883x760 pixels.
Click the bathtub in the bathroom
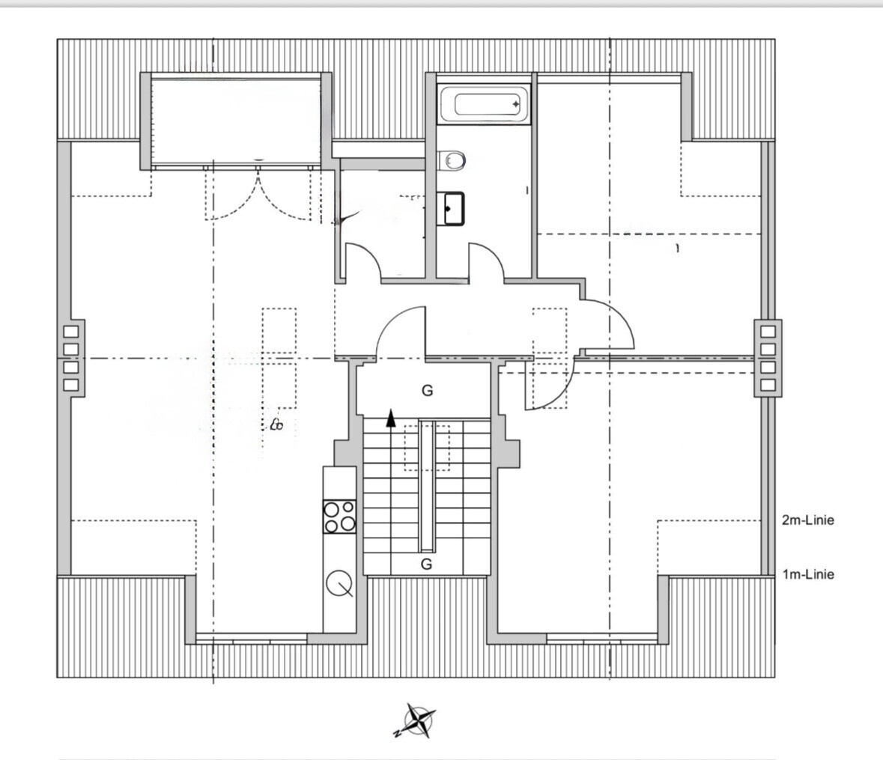click(484, 103)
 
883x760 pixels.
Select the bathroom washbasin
click(451, 208)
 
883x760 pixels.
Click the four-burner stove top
click(339, 516)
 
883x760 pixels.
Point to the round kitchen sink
click(339, 583)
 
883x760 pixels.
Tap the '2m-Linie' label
click(807, 520)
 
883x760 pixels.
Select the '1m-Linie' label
click(807, 575)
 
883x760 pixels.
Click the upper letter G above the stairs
click(428, 390)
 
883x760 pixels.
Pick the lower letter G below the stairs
click(426, 564)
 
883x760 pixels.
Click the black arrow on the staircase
click(391, 418)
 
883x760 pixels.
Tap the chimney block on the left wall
click(71, 358)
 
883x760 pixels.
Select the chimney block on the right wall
click(768, 358)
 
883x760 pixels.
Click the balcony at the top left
click(236, 121)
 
